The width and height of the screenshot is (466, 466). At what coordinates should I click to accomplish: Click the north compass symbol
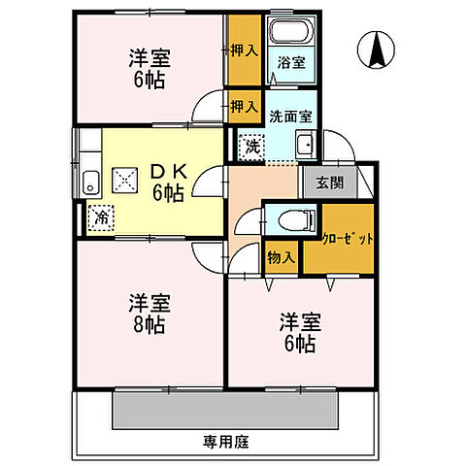pyautogui.click(x=377, y=50)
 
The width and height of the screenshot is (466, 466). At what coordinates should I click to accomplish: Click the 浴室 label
pyautogui.click(x=290, y=63)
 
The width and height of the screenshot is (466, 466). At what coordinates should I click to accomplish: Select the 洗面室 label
pyautogui.click(x=290, y=116)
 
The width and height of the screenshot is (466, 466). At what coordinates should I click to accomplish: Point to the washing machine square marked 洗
pyautogui.click(x=250, y=147)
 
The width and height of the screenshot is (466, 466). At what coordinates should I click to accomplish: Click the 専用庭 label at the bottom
pyautogui.click(x=226, y=442)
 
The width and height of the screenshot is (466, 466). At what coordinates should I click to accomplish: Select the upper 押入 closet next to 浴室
pyautogui.click(x=244, y=49)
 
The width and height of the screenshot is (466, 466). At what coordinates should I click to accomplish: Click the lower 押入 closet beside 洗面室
pyautogui.click(x=244, y=106)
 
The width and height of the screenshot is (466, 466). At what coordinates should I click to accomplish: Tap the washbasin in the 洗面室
pyautogui.click(x=304, y=147)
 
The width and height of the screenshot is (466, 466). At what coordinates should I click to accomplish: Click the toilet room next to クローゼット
pyautogui.click(x=283, y=218)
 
